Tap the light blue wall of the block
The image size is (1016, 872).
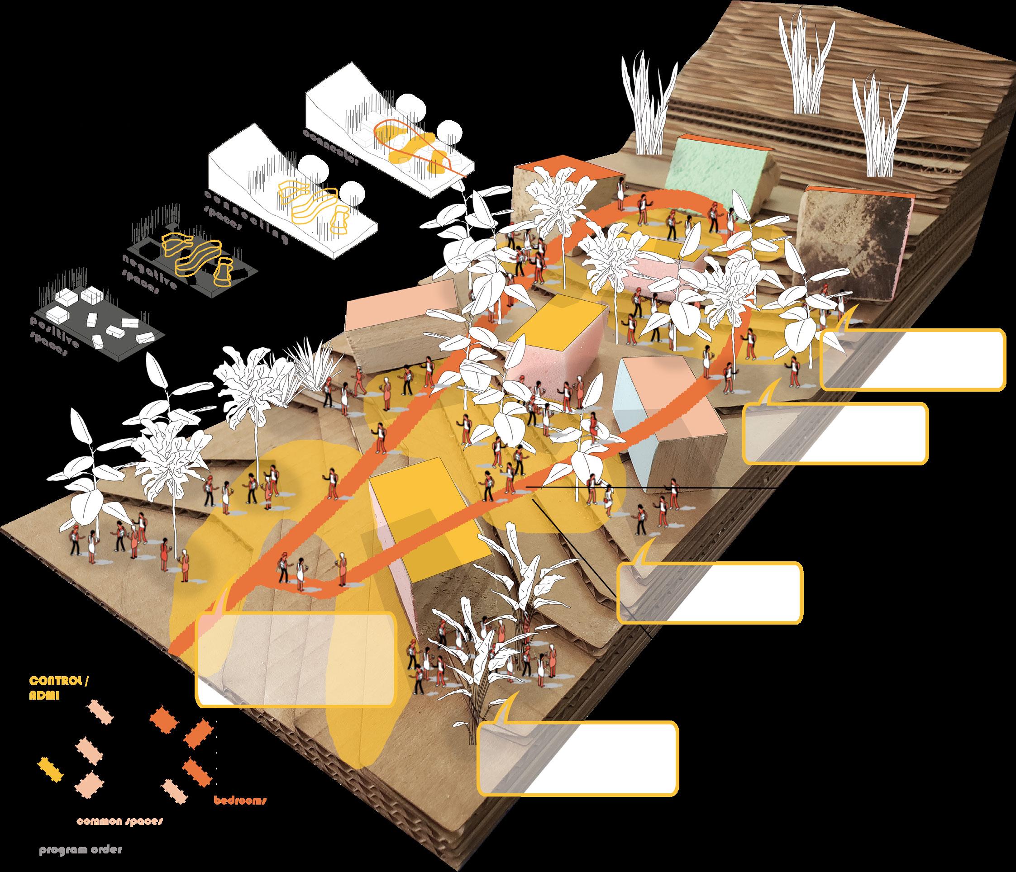click(x=633, y=422)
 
